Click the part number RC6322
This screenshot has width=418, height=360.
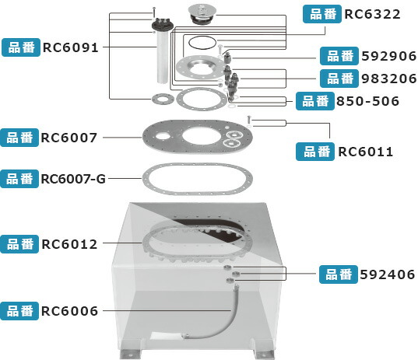(372, 14)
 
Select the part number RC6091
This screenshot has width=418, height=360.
(71, 47)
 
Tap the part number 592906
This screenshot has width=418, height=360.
(388, 56)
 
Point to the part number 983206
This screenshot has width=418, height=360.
(388, 79)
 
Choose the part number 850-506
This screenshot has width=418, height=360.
(367, 101)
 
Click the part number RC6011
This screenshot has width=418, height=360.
(366, 152)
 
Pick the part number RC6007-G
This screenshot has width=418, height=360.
(73, 179)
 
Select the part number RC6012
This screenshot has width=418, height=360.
(69, 244)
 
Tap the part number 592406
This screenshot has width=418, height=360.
(388, 274)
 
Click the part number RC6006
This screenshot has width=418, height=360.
(69, 311)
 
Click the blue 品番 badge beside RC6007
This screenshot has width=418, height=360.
(19, 138)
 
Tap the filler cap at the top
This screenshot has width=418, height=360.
(202, 14)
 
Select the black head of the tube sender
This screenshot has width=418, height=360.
(163, 25)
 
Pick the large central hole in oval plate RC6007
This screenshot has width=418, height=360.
(202, 136)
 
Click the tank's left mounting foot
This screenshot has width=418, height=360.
(130, 354)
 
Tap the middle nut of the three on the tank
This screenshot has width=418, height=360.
(236, 274)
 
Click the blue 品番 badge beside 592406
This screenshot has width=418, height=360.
(339, 274)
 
